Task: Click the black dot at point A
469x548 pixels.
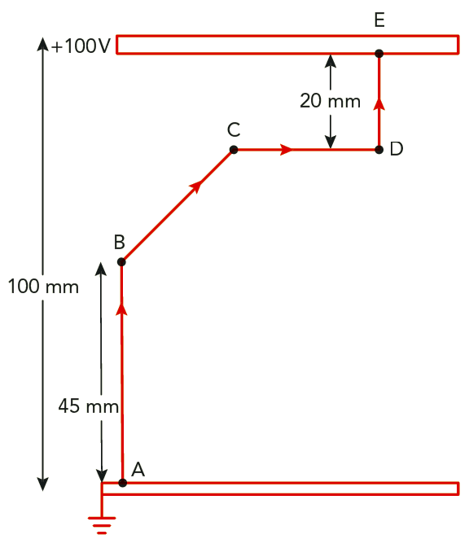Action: click(122, 483)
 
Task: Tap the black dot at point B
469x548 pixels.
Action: click(121, 261)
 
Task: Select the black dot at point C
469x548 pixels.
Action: click(234, 150)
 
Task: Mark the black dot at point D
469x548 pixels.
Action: click(379, 150)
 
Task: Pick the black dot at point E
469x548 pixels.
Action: click(379, 54)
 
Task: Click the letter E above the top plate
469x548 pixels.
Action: click(379, 20)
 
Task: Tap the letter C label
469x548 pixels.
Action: click(234, 129)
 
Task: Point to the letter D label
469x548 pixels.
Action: click(397, 148)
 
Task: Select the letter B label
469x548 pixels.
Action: click(119, 242)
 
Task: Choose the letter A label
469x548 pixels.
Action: click(138, 469)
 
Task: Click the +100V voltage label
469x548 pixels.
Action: click(81, 46)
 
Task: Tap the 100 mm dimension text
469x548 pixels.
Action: click(43, 287)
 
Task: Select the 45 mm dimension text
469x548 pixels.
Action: click(89, 406)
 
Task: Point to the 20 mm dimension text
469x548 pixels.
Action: click(331, 101)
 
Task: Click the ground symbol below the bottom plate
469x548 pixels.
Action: click(102, 525)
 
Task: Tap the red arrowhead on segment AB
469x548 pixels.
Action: click(121, 309)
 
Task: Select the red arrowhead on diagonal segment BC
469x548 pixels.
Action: click(196, 186)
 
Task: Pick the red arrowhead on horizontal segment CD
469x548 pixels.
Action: click(287, 150)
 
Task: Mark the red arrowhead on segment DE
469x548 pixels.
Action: click(379, 103)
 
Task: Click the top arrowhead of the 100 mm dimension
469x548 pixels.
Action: click(42, 44)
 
